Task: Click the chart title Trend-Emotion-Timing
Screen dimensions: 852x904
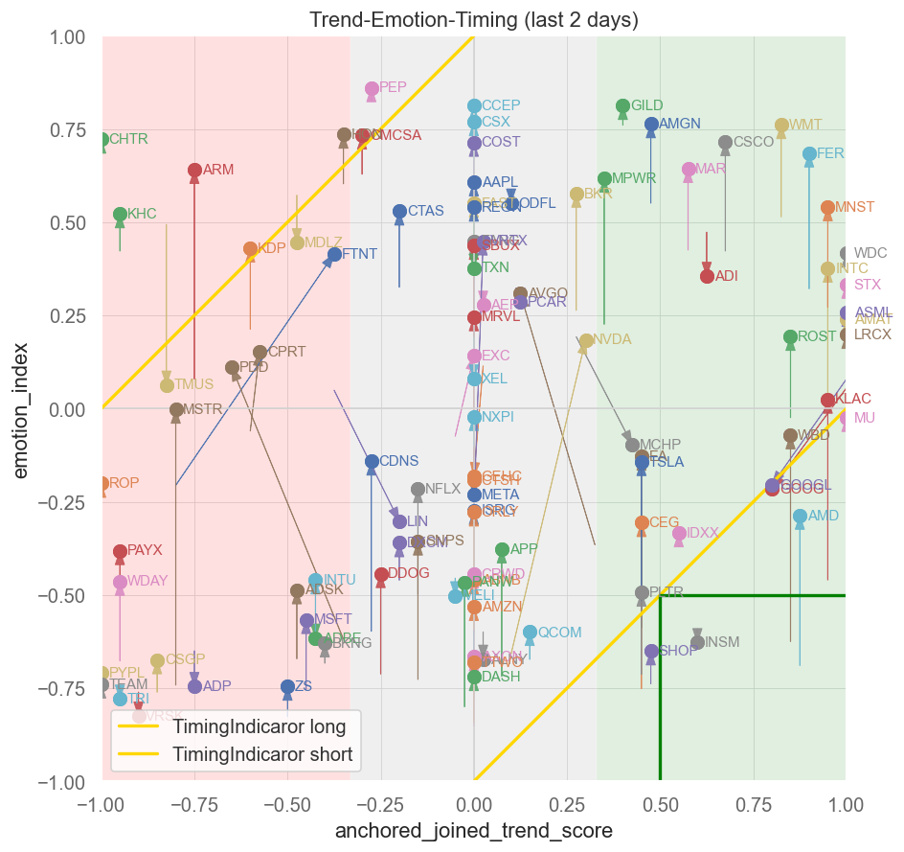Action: pos(474,20)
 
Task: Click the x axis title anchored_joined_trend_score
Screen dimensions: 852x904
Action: pos(474,831)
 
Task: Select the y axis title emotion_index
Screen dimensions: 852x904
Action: pos(20,409)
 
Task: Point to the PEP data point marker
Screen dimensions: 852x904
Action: pos(372,89)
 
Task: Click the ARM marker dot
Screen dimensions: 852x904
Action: pos(194,171)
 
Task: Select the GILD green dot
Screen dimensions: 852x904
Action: pos(622,106)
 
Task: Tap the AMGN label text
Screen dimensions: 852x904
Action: pos(680,124)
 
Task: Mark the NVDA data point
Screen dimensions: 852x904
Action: pos(585,341)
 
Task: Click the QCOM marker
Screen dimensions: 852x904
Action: pos(530,633)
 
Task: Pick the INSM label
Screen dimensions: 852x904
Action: pos(722,642)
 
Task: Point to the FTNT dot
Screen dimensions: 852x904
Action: pos(334,255)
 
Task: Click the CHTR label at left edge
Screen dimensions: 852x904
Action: pos(128,139)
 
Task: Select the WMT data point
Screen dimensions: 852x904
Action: pos(781,126)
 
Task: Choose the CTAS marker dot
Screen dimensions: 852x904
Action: pos(399,212)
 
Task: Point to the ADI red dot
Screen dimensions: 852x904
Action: pos(707,276)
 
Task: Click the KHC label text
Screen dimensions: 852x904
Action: pos(142,214)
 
